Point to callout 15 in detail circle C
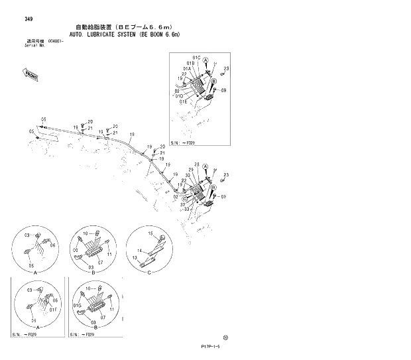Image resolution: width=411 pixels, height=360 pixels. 150,235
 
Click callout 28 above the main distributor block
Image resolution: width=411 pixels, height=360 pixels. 197,164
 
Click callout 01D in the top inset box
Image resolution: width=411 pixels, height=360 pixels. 180,96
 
